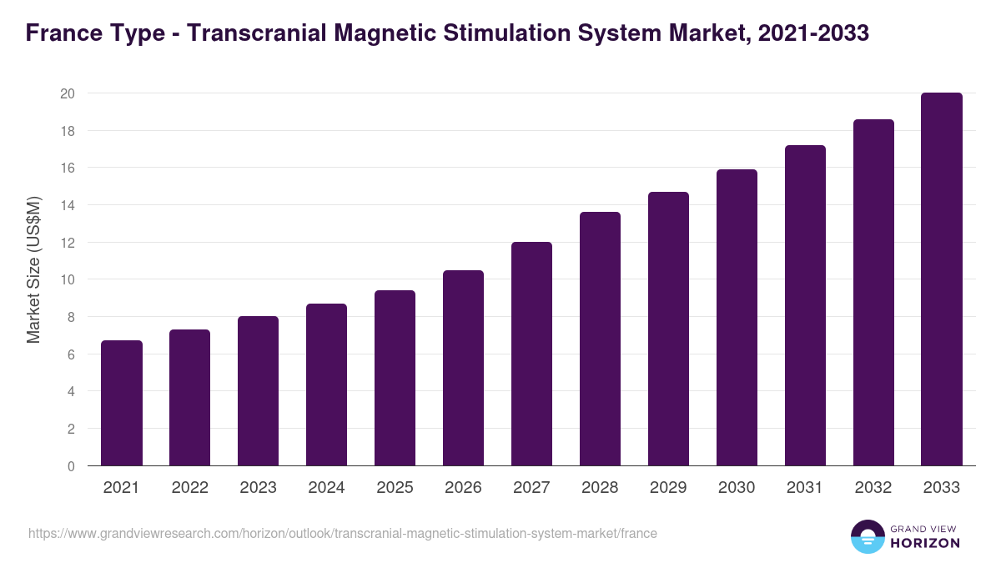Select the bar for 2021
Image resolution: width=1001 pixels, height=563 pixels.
[x=122, y=403]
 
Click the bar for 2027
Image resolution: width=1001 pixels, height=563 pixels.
[x=531, y=354]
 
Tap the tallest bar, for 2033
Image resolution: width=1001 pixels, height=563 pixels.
[x=942, y=279]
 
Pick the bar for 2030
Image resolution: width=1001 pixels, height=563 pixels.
[x=737, y=318]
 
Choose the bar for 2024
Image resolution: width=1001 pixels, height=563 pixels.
[x=326, y=385]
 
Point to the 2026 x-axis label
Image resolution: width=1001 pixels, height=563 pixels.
[x=463, y=488]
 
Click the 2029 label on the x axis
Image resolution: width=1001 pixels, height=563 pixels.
[x=668, y=488]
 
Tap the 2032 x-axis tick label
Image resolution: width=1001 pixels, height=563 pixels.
[x=873, y=488]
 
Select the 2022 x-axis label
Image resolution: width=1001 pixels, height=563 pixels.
[x=189, y=488]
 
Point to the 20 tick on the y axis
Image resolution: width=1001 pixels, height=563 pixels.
[x=68, y=93]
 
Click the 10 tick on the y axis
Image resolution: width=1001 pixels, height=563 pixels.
[x=68, y=279]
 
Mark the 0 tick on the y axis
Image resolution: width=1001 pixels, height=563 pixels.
[x=71, y=466]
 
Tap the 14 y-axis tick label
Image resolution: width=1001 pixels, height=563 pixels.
[x=68, y=205]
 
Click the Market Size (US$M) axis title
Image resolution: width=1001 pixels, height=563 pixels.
[x=33, y=270]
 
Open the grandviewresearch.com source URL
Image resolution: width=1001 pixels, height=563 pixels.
[x=343, y=533]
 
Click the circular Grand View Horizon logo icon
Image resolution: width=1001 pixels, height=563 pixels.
[x=867, y=536]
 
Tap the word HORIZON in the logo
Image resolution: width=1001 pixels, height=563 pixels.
[x=925, y=543]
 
